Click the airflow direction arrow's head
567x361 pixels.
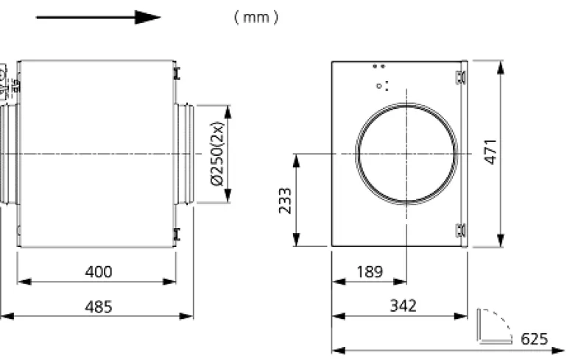pyautogui.click(x=148, y=17)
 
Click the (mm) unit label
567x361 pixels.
pyautogui.click(x=256, y=17)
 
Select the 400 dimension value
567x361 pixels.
pyautogui.click(x=99, y=271)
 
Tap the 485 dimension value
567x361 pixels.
pyautogui.click(x=99, y=307)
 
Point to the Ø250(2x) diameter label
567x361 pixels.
pyautogui.click(x=217, y=154)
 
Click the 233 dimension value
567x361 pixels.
pyautogui.click(x=285, y=201)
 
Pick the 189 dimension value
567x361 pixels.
pyautogui.click(x=370, y=272)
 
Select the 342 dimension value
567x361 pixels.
pyautogui.click(x=404, y=306)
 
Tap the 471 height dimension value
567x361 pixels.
pyautogui.click(x=491, y=152)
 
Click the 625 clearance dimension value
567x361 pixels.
pyautogui.click(x=535, y=339)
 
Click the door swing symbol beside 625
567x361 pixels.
pyautogui.click(x=494, y=326)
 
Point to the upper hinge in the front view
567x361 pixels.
pyautogui.click(x=461, y=77)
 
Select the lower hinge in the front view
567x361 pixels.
pyautogui.click(x=461, y=230)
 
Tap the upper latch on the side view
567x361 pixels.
pyautogui.click(x=177, y=74)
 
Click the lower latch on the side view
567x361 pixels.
pyautogui.click(x=177, y=234)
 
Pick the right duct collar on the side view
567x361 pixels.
pyautogui.click(x=184, y=154)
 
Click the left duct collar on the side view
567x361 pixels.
pyautogui.click(x=9, y=154)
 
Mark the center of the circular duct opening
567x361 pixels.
pyautogui.click(x=406, y=154)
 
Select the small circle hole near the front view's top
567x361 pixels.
pyautogui.click(x=378, y=86)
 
